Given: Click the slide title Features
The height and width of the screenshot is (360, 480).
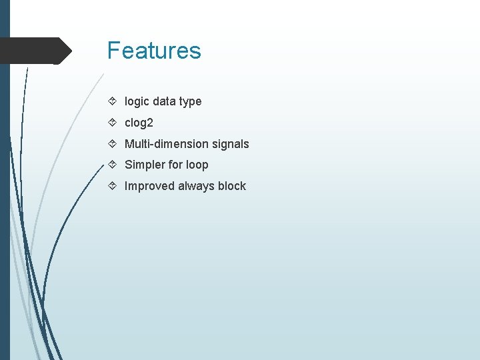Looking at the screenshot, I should click(154, 51).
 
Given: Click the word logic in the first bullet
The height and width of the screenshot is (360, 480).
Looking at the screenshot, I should click(137, 101).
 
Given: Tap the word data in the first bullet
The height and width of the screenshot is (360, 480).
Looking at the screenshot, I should click(165, 101).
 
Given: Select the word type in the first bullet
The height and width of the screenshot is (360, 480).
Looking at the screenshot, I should click(190, 102).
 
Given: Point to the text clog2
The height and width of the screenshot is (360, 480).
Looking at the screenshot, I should click(139, 123).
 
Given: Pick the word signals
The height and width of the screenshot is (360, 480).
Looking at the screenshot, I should click(231, 144).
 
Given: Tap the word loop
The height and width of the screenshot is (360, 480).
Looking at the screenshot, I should click(197, 165).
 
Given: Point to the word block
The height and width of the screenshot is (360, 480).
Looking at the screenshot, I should click(232, 186).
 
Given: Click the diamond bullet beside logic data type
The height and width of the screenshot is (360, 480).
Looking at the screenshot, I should click(113, 101).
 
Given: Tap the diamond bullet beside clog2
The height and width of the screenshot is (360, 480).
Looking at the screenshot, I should click(113, 123).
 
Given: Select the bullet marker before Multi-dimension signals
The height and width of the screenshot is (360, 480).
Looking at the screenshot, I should click(113, 144).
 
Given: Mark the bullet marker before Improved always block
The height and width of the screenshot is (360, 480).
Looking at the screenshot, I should click(113, 186).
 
